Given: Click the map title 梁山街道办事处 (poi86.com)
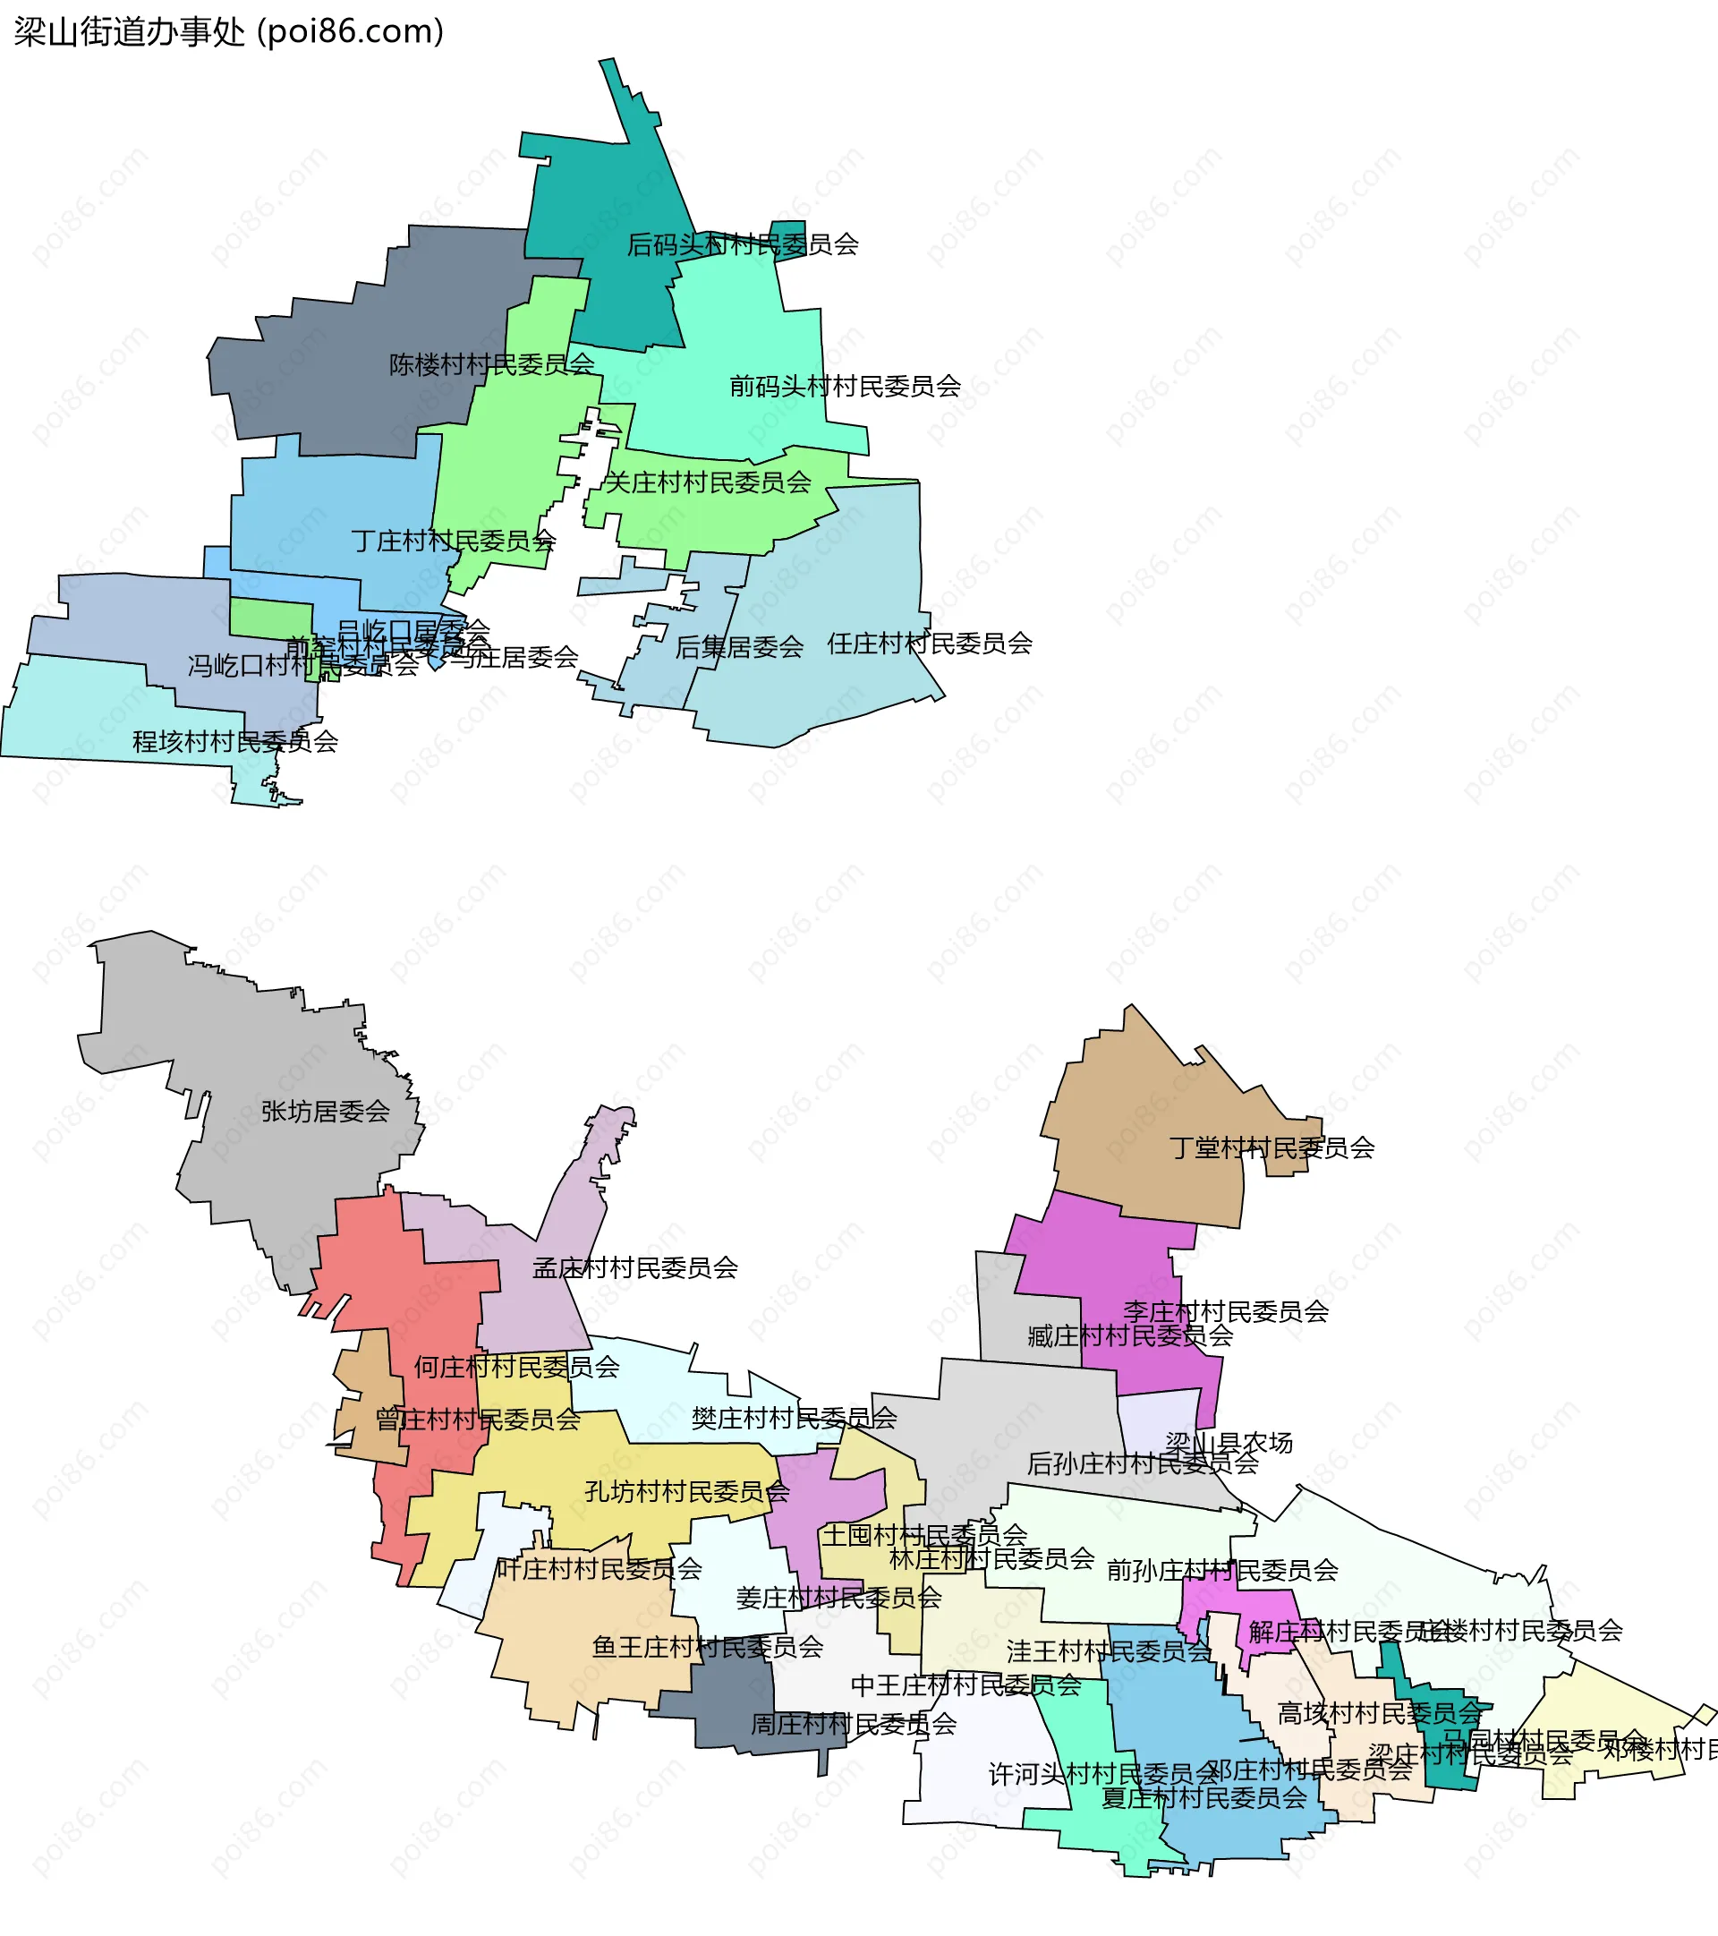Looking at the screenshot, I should click(228, 32).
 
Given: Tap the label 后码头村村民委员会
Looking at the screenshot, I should click(743, 244).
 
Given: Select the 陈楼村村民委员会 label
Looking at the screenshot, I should click(491, 363).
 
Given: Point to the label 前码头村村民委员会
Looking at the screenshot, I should click(845, 386).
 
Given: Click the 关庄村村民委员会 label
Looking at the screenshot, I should click(708, 482).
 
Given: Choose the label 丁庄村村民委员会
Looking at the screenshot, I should click(453, 541).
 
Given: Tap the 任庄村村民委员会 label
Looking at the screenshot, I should click(929, 644).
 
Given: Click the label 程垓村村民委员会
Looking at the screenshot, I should click(234, 741).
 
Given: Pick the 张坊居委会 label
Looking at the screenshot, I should click(325, 1111).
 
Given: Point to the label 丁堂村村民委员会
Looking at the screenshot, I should click(1271, 1148).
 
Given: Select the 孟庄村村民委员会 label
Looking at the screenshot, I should click(634, 1267).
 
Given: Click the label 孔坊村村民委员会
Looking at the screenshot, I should click(686, 1492).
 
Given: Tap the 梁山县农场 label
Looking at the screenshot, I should click(1229, 1443).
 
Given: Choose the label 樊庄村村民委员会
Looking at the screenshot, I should click(794, 1418).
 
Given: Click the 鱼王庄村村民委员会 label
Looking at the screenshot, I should click(708, 1646).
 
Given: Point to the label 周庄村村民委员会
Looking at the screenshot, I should click(854, 1724).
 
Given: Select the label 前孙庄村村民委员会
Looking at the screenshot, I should click(1221, 1571).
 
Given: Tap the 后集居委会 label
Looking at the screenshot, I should click(739, 647).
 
